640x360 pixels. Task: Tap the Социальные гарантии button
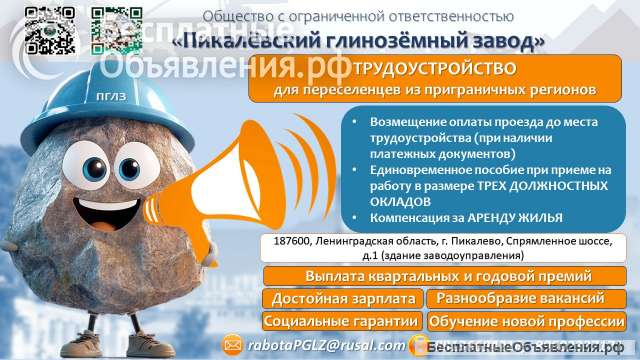point(342,321)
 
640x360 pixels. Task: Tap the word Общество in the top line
point(235,17)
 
